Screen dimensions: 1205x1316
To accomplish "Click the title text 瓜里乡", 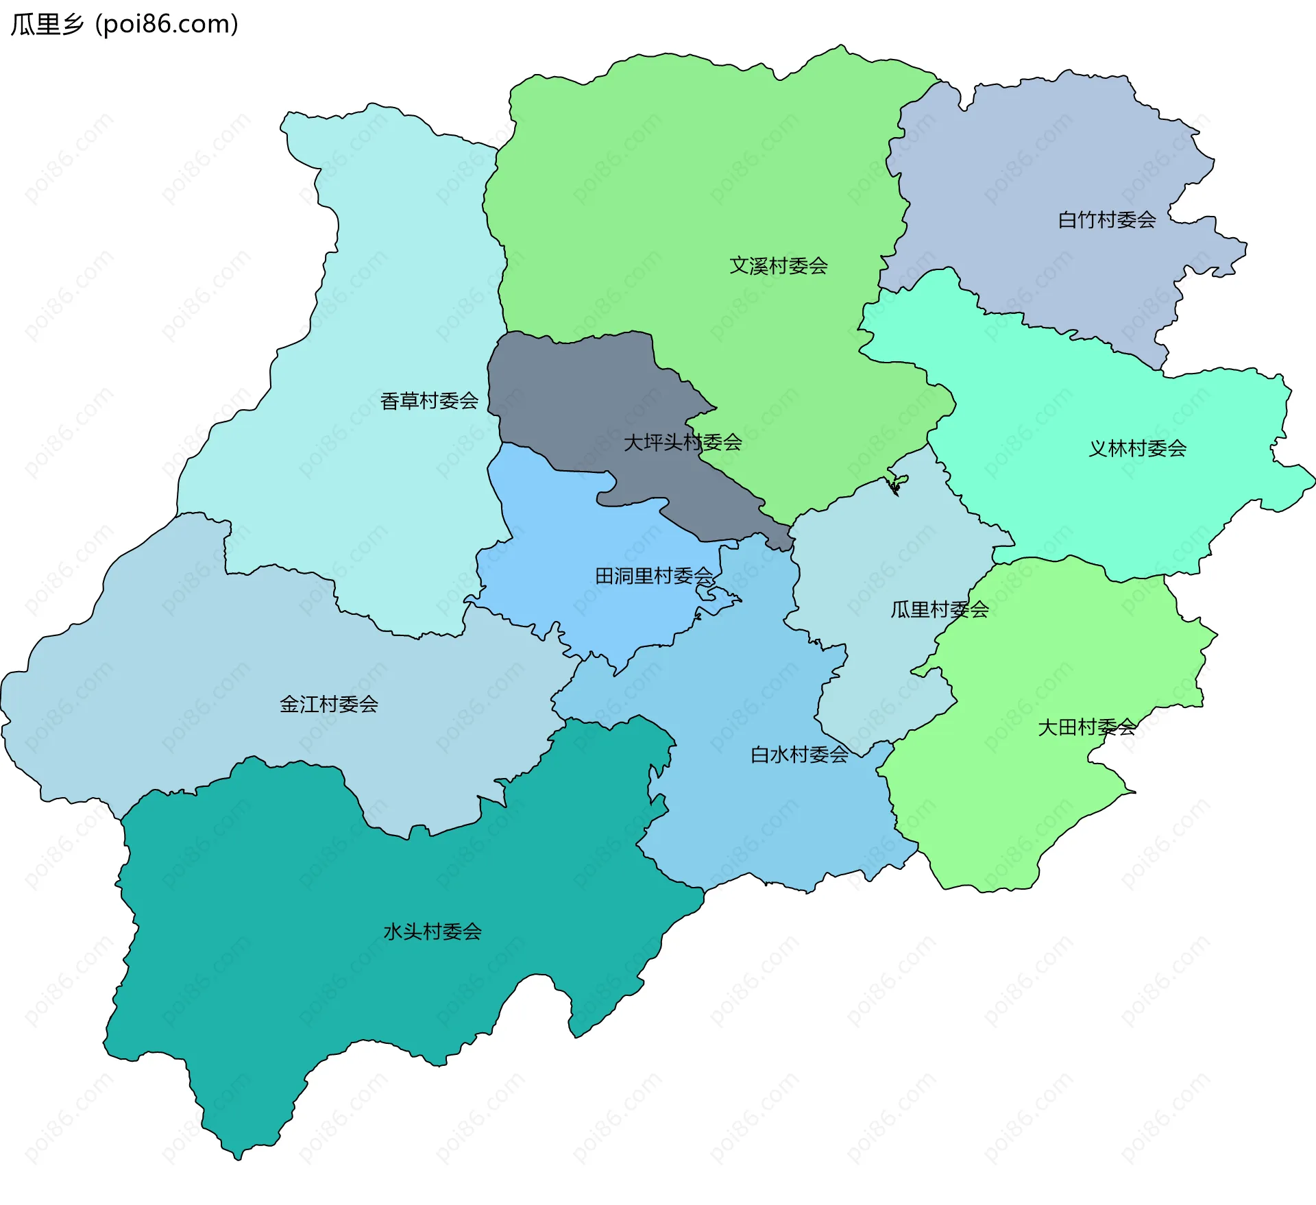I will [x=47, y=25].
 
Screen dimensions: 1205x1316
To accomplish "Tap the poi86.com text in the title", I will [x=167, y=25].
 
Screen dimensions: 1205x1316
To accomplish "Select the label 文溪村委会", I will [x=778, y=266].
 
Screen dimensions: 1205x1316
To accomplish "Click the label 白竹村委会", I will [x=1107, y=220].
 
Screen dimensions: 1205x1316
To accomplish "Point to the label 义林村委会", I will [x=1137, y=449].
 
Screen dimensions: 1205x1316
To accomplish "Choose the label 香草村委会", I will [x=429, y=401].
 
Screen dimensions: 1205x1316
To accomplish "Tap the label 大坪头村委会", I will [x=683, y=443].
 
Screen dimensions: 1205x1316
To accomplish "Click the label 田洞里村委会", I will [x=654, y=576].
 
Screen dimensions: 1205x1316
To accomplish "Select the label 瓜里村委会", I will [x=939, y=609].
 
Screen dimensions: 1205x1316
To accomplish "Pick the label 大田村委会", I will [x=1086, y=727].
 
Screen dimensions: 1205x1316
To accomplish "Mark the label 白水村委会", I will [x=799, y=755].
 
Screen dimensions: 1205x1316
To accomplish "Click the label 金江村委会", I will [x=329, y=704].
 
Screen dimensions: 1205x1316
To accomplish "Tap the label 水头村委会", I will [x=432, y=932].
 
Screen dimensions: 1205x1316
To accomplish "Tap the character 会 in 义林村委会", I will [x=1177, y=449].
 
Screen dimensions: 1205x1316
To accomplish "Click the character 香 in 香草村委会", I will [x=389, y=401].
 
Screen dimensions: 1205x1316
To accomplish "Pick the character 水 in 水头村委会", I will [x=393, y=932].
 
